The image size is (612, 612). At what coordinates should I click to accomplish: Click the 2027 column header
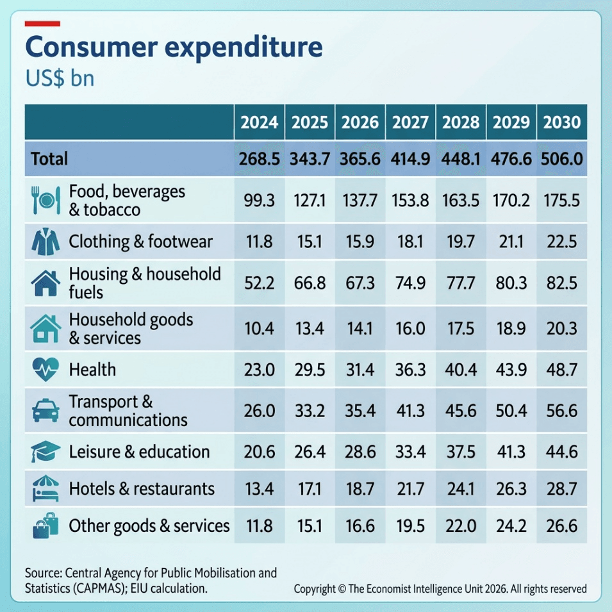(x=410, y=122)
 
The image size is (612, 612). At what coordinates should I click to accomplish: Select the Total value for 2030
(x=561, y=159)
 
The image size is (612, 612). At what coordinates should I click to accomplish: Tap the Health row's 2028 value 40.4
(x=461, y=369)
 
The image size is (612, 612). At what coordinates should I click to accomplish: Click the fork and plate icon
(x=45, y=200)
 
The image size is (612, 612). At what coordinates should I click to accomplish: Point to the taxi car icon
(x=45, y=411)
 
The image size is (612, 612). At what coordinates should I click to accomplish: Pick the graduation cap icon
(x=45, y=452)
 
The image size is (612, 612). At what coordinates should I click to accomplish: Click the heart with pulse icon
(x=45, y=369)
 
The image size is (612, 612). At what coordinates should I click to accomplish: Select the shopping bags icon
(x=45, y=525)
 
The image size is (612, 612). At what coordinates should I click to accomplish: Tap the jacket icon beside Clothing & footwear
(x=45, y=242)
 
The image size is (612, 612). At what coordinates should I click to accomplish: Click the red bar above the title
(x=42, y=24)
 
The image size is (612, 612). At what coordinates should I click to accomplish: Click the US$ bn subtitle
(x=60, y=78)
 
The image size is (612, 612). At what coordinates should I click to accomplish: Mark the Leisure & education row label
(x=139, y=452)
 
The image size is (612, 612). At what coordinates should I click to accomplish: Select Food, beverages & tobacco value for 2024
(x=259, y=200)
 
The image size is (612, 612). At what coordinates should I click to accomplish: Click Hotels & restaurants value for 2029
(x=511, y=489)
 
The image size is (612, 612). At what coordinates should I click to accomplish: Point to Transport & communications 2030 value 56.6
(x=561, y=411)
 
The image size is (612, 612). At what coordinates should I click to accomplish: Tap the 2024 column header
(x=259, y=122)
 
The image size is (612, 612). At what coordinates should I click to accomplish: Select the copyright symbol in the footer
(x=342, y=588)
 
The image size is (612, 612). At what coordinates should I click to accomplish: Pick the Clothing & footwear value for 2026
(x=360, y=242)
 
